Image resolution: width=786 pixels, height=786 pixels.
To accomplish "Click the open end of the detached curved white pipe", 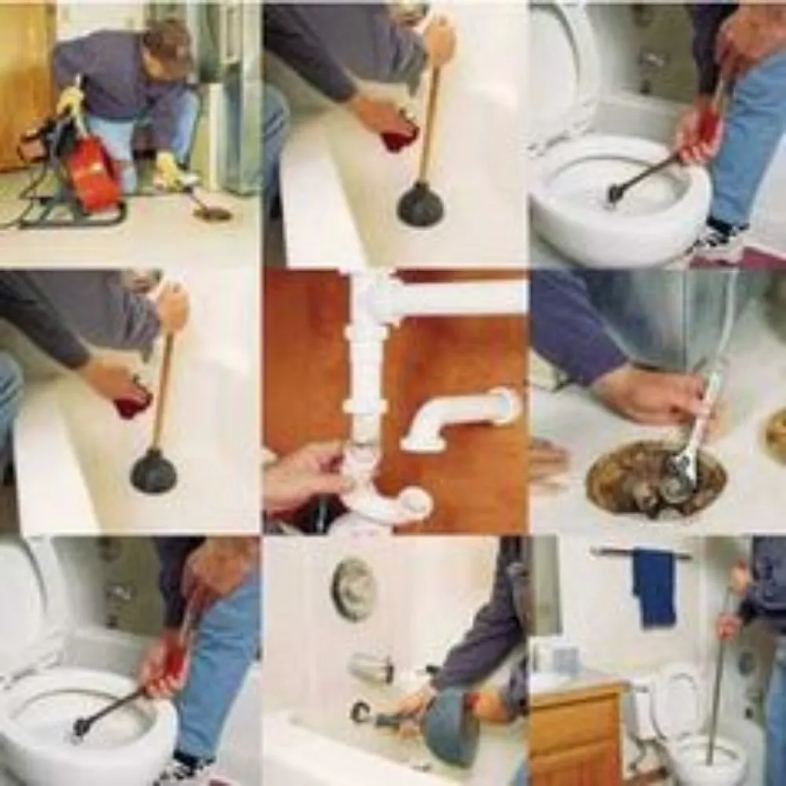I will tap(508, 406).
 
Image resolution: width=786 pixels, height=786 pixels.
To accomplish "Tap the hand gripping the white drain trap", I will tap(303, 476).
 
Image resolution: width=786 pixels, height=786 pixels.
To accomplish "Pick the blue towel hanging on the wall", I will tap(654, 586).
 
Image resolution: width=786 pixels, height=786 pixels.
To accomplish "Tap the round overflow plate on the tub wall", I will tap(353, 589).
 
